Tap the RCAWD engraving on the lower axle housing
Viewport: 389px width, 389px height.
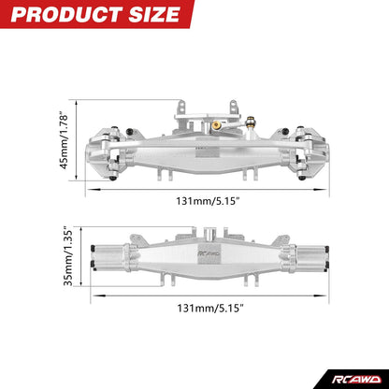coord(206,254)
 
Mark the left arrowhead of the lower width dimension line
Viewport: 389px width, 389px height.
coord(91,305)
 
